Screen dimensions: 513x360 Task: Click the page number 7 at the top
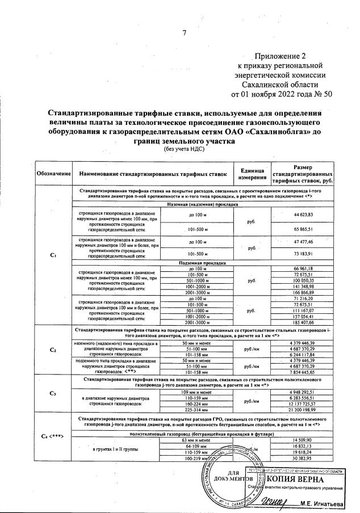[x=183, y=32]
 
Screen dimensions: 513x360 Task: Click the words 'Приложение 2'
[x=282, y=56]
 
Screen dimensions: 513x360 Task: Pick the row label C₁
[x=53, y=254]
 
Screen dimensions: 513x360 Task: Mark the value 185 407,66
[x=304, y=321]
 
